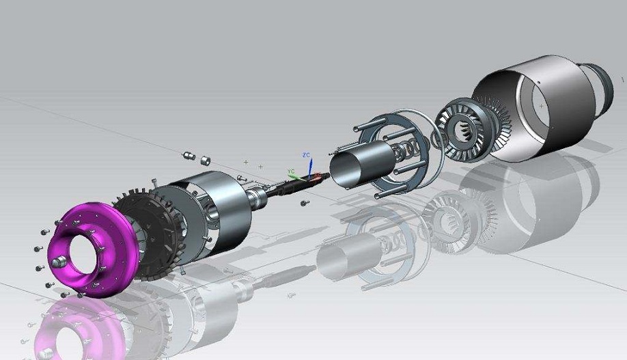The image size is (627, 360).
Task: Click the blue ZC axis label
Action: point(306,155)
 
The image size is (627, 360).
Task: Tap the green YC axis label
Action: point(291,171)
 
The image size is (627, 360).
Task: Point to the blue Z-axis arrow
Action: point(310,167)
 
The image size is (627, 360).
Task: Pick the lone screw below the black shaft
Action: point(305,203)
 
